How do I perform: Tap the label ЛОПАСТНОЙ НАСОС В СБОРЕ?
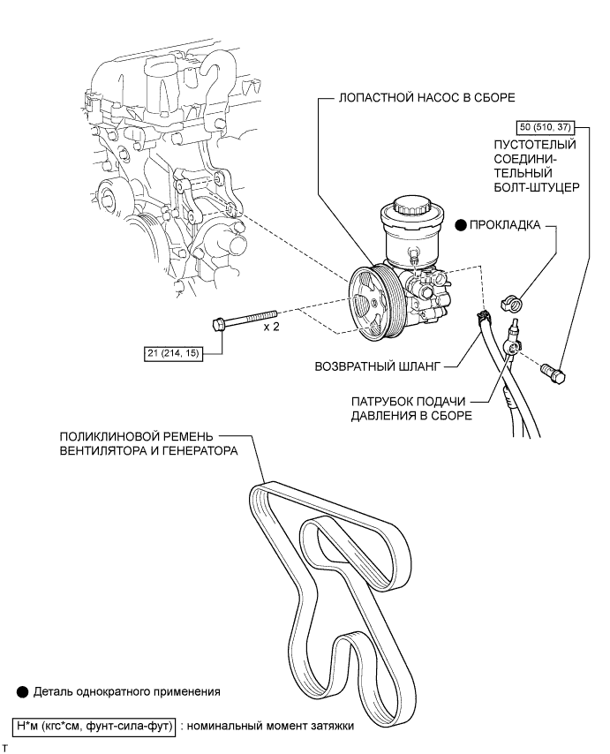[426, 98]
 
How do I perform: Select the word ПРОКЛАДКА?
[505, 224]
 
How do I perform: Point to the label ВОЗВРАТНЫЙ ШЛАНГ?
[377, 366]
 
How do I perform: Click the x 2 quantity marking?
[271, 327]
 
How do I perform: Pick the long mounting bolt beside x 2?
[245, 320]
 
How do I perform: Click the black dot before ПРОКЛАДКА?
[462, 224]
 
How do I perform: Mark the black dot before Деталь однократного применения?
[22, 692]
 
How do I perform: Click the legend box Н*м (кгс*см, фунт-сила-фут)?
[94, 725]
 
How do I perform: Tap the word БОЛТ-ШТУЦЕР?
[537, 187]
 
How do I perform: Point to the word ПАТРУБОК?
[381, 401]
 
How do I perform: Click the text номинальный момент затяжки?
[270, 726]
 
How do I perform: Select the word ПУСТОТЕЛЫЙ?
[535, 144]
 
